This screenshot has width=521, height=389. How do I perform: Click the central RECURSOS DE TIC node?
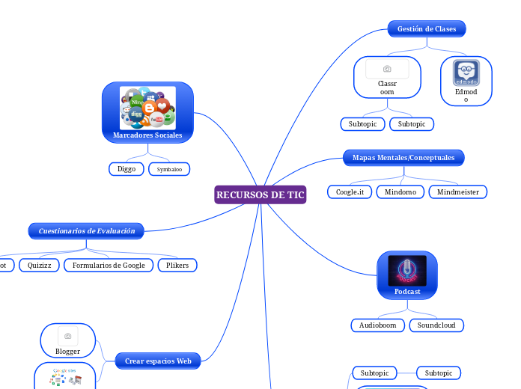coord(260,194)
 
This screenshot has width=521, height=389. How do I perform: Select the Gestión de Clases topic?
coord(427,29)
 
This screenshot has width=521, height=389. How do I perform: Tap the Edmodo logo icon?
coord(466,73)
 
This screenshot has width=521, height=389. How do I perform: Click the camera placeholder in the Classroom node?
coord(387,69)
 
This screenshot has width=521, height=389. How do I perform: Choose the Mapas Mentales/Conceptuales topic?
coord(403,158)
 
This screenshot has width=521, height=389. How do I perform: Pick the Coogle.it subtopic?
coord(350,192)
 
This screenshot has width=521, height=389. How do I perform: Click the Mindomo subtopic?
coord(400,192)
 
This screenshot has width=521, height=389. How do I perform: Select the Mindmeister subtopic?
coord(458,192)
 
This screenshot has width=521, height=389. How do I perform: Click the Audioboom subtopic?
coord(378,325)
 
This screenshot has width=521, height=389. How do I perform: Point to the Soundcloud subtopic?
coord(437,325)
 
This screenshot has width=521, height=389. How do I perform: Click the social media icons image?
coord(147,107)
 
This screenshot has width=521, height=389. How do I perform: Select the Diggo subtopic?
coord(127,169)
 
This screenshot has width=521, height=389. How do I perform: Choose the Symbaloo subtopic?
coord(169,169)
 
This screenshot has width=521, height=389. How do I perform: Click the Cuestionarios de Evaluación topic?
coord(87,231)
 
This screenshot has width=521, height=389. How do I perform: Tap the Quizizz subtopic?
coord(39,265)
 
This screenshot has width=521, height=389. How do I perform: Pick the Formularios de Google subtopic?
coord(109,265)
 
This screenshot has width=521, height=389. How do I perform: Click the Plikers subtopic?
coord(177,265)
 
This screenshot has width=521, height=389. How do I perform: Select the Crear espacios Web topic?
coord(158,361)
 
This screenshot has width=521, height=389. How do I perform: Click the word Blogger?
coord(67,351)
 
